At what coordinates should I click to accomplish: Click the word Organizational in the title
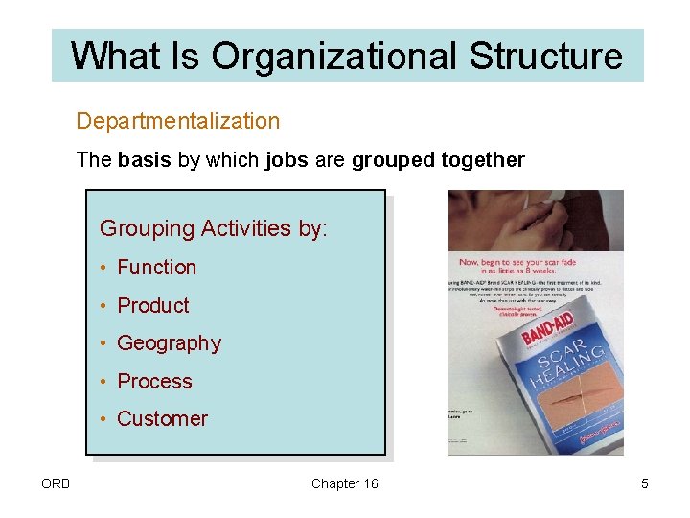pos(334,56)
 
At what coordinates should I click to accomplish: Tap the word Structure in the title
pos(545,56)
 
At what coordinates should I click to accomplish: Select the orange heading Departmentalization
pos(178,121)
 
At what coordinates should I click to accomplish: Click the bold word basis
pos(146,160)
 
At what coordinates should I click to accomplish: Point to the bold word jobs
pos(285,160)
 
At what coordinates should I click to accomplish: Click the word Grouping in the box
pos(147,228)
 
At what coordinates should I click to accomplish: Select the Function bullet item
pos(156,268)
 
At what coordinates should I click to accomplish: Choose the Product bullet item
pos(153,306)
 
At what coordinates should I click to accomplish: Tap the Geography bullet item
pos(169,343)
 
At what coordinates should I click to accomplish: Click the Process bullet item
pos(154,382)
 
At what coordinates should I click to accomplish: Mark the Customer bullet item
pos(162,419)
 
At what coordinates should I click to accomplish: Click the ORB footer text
pos(55,483)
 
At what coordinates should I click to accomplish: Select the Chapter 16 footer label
pos(345,483)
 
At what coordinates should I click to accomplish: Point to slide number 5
pos(645,483)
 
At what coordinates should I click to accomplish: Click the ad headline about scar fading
pos(537,266)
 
